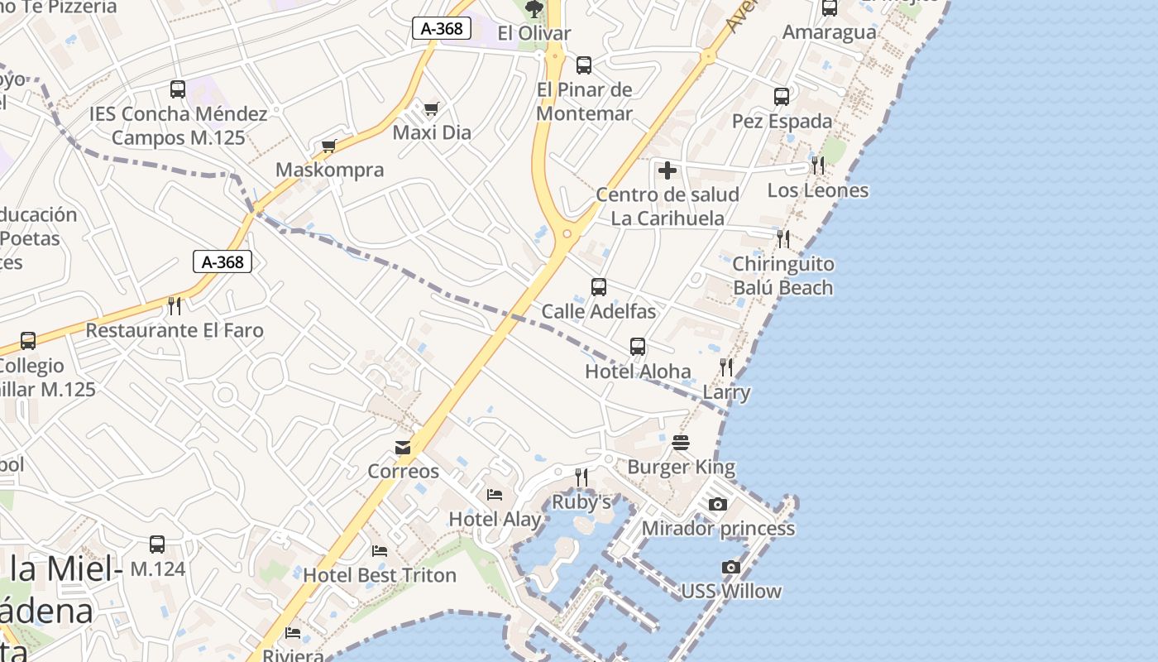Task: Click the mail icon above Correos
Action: click(403, 448)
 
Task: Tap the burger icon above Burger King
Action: click(681, 443)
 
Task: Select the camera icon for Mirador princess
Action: click(718, 504)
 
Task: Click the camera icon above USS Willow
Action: click(730, 567)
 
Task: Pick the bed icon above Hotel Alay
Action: click(495, 495)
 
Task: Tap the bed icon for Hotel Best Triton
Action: click(380, 550)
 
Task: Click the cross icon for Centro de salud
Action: click(667, 171)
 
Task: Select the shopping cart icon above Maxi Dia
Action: click(431, 108)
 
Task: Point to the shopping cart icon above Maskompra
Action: click(329, 146)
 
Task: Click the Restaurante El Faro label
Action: click(175, 331)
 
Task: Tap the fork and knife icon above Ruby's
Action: click(581, 477)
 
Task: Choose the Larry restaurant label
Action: click(727, 392)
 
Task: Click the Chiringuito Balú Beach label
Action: click(783, 276)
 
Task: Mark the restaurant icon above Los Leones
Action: click(817, 165)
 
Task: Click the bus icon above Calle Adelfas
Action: click(599, 287)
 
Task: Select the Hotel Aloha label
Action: click(638, 372)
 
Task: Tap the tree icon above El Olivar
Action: click(534, 10)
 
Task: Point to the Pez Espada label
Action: click(782, 122)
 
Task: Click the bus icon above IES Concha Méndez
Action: click(178, 89)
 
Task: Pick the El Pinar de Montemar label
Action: click(584, 102)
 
